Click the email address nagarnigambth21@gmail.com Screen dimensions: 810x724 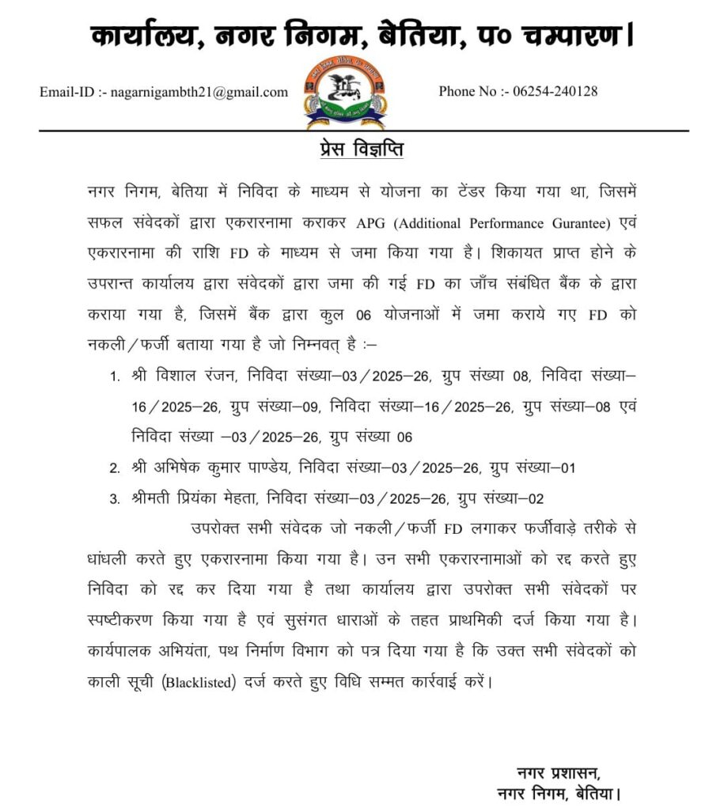coord(199,93)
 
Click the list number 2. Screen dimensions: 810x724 coord(115,468)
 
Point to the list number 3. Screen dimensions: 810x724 coord(115,499)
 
